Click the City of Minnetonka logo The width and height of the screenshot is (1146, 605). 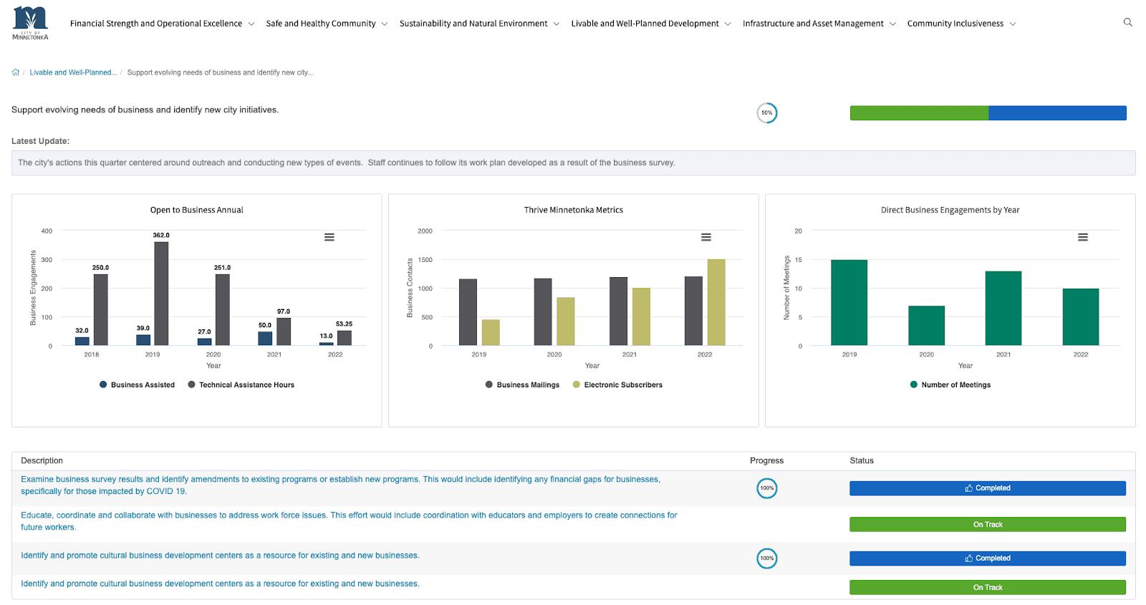tap(30, 23)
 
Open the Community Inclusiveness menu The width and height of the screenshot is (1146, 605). tap(960, 24)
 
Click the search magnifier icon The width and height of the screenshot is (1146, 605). tap(1127, 23)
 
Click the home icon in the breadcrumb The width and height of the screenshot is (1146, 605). tap(16, 72)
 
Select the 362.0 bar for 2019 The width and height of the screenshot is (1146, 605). tap(161, 294)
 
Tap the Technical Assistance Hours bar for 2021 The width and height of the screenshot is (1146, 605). tap(284, 331)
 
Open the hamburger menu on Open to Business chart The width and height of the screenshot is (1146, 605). tap(329, 237)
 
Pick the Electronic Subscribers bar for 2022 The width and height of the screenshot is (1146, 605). tap(716, 302)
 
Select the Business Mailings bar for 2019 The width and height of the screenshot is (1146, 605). tap(468, 312)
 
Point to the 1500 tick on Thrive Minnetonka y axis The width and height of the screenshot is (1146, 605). tap(425, 260)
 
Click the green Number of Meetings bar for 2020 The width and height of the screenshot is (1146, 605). tap(926, 326)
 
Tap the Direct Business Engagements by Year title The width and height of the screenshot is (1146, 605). tap(950, 210)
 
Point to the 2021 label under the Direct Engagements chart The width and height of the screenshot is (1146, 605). tap(1003, 354)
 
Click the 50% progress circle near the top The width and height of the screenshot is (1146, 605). tap(767, 113)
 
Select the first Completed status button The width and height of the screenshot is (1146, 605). tap(987, 488)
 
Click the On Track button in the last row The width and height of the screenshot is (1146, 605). tap(987, 587)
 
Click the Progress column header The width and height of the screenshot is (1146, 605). tap(766, 460)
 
